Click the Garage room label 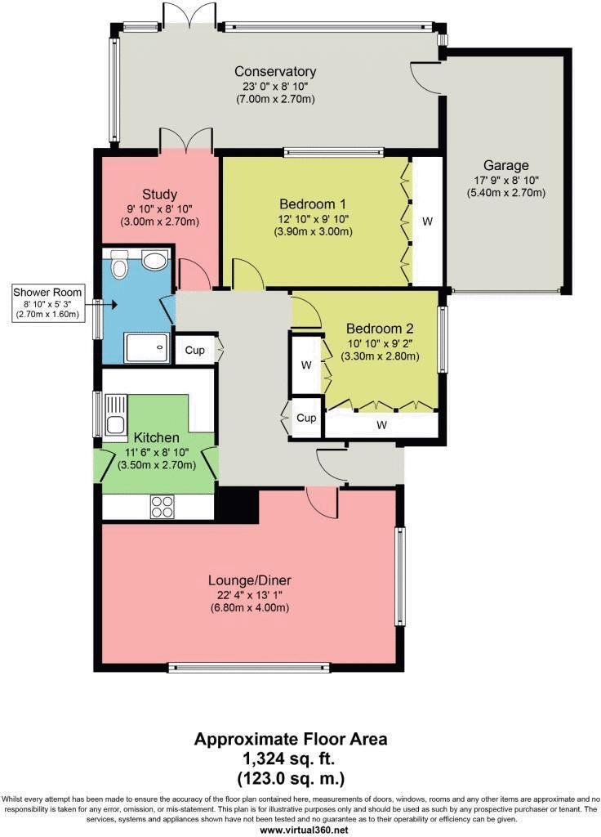(505, 165)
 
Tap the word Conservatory (274, 71)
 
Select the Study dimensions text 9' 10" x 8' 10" (159, 208)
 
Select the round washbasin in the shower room (153, 261)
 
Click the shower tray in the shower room (147, 347)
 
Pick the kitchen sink (115, 414)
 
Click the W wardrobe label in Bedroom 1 (427, 221)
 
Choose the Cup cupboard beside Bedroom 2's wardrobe (306, 418)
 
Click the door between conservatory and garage (427, 77)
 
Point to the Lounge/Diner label (249, 581)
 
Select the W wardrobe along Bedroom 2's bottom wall (381, 425)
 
